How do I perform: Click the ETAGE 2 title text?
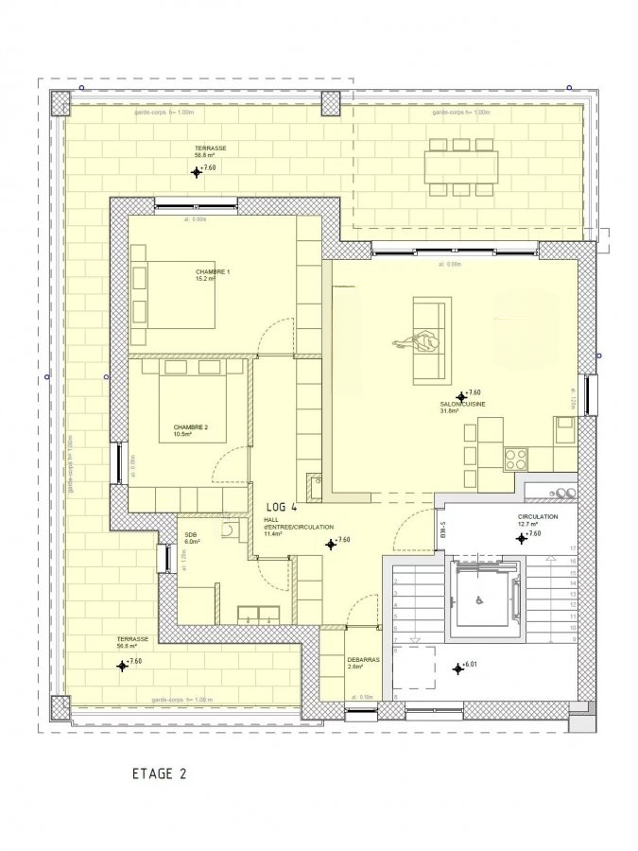[x=159, y=773]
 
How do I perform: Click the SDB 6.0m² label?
[x=192, y=538]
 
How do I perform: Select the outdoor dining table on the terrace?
[x=460, y=167]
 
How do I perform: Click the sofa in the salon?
[x=432, y=339]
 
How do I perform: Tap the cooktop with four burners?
[x=516, y=460]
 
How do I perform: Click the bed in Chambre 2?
[x=193, y=407]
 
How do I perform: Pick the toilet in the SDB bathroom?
[x=229, y=531]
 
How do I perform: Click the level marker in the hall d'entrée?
[x=331, y=544]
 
